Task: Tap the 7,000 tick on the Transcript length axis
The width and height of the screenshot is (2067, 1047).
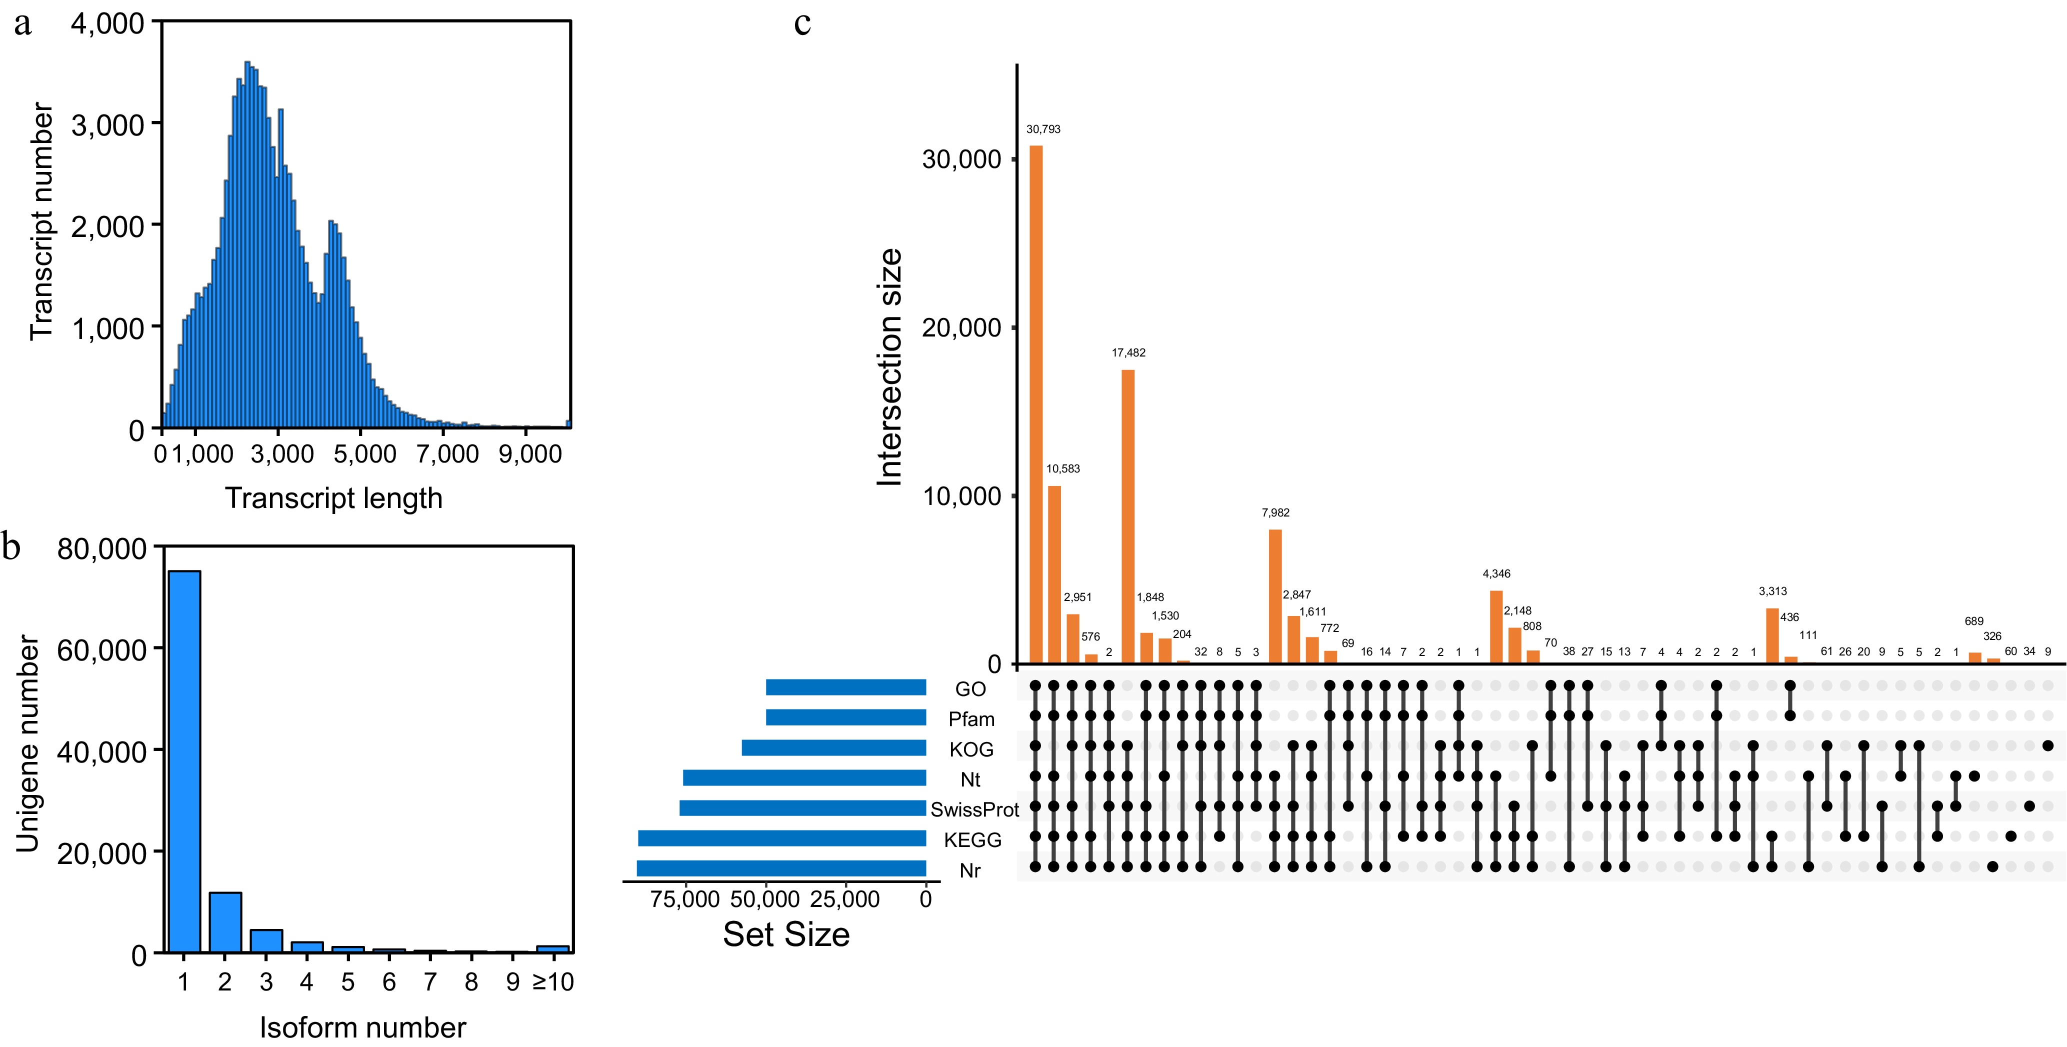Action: [x=447, y=454]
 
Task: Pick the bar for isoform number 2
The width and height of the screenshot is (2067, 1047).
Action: [x=225, y=922]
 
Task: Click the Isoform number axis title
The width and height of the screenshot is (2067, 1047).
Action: [x=362, y=1027]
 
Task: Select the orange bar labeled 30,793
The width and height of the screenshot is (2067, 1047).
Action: [x=1036, y=404]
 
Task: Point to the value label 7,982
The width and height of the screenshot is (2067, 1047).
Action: [x=1275, y=512]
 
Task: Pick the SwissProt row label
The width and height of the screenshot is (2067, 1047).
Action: [x=974, y=809]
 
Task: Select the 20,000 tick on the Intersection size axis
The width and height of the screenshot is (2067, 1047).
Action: [x=962, y=328]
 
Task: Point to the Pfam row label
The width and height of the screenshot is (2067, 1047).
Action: [x=971, y=719]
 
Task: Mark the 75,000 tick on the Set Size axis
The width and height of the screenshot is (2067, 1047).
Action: [x=684, y=899]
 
